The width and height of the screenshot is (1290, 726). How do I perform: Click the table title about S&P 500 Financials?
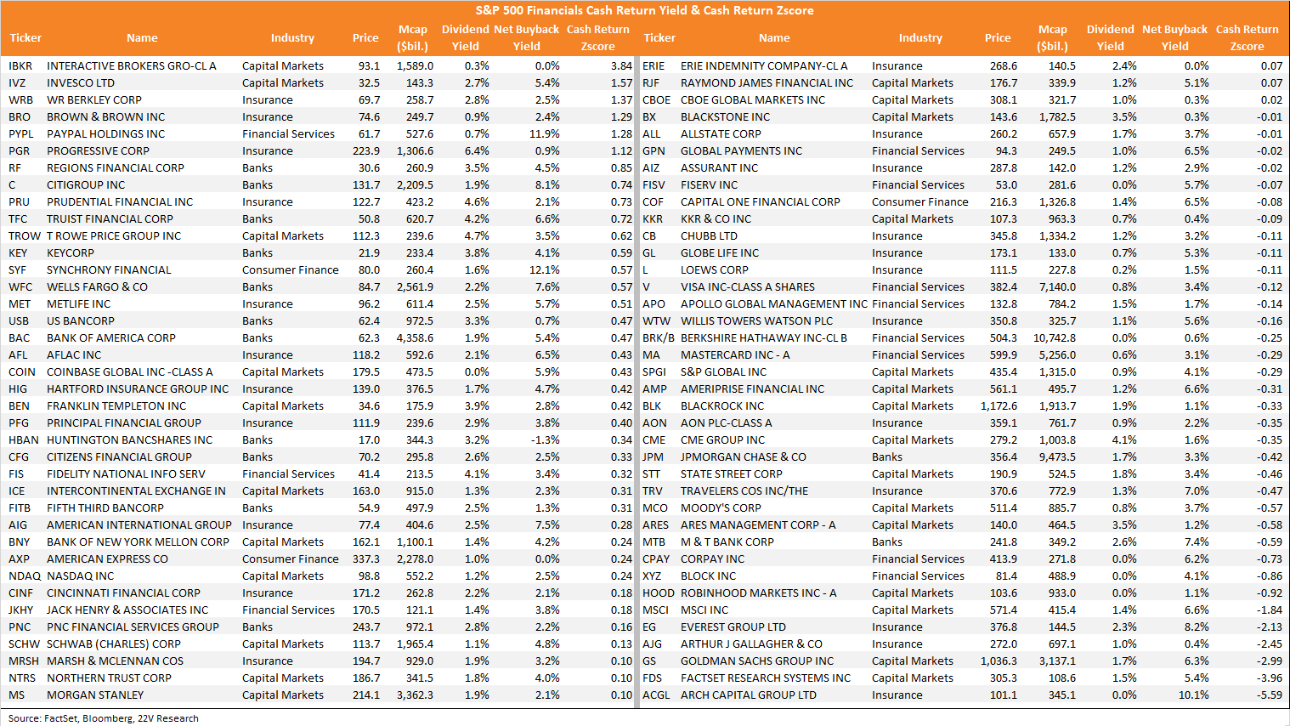644,10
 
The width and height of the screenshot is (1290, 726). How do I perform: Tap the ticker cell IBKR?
20,65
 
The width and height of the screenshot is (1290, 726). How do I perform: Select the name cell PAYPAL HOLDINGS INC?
106,133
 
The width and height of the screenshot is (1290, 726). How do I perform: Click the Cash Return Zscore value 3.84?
621,65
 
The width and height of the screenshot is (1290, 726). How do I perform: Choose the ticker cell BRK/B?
659,337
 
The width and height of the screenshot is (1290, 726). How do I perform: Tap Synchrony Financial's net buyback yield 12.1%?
544,269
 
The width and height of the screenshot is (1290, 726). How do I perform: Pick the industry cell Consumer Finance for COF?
919,201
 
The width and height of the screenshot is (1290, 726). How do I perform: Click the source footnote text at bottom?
104,718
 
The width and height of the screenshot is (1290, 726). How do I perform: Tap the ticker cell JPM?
653,457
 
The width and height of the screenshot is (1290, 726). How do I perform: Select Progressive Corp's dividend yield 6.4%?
477,151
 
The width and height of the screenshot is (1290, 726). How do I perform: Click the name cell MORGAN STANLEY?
95,695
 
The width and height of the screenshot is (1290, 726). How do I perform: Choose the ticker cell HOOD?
659,593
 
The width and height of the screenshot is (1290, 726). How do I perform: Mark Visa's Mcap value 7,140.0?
1057,287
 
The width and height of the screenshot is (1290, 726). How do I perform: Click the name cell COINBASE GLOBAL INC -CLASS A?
129,372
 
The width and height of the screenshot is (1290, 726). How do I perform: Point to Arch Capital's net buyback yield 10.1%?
1193,695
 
